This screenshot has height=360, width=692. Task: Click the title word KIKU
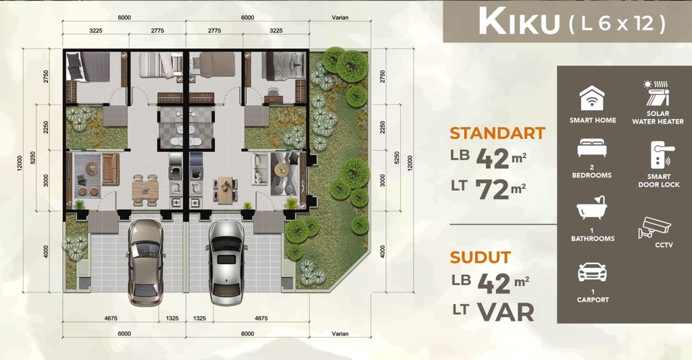point(518,23)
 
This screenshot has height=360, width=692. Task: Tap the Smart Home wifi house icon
point(592,99)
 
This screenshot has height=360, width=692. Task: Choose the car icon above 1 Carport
point(592,272)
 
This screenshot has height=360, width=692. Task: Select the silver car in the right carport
point(225,259)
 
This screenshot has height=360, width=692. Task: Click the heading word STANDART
point(497,133)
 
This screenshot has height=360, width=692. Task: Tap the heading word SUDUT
point(480,257)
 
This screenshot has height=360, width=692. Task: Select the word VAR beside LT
point(505,311)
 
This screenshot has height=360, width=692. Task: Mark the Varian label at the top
point(340,18)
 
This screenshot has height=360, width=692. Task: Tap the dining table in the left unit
point(145,190)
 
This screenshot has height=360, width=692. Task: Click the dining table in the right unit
point(224,190)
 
